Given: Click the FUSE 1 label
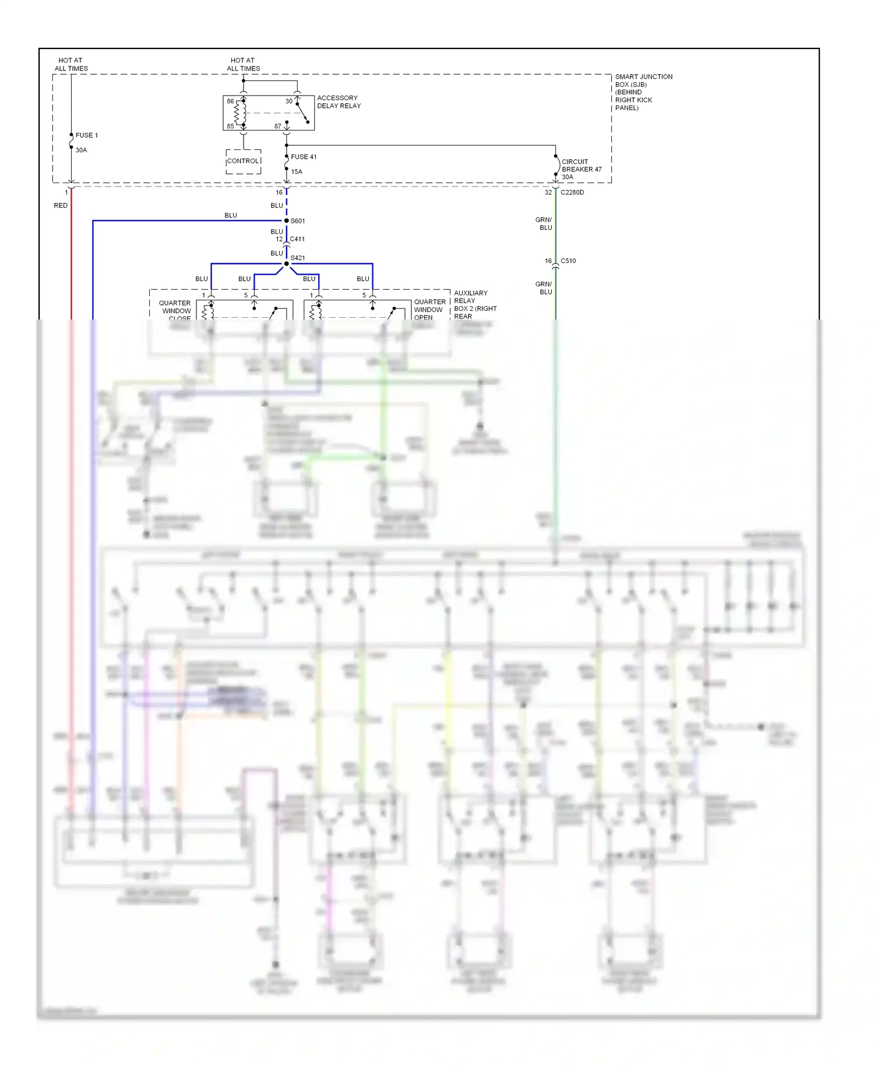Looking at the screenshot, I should pos(86,135).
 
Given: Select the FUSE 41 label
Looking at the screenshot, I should pos(304,157).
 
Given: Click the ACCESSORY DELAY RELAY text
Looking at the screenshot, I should pos(339,102).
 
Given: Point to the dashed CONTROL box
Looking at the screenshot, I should pos(243,162).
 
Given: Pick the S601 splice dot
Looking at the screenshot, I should pos(286,221).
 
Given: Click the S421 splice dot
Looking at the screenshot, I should pos(286,264).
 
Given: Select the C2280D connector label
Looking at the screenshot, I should pos(572,192).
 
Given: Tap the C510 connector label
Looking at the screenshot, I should pos(568,261).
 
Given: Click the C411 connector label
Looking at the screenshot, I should pos(297,239).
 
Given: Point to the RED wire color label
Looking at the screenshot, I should pos(61,206).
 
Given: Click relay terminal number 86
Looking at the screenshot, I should pos(230,101).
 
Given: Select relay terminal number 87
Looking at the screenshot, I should pos(278,127).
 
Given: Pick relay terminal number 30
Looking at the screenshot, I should pos(288,101).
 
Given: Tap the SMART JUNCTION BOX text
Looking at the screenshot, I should pos(643,92).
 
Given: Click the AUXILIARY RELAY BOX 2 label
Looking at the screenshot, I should pos(474,305).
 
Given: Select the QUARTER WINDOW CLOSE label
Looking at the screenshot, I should pos(175,311).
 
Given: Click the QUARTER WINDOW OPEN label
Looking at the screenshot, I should pos(429,310).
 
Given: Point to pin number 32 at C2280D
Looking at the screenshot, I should pos(548,192).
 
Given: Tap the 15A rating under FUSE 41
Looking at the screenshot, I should pos(297,172).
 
